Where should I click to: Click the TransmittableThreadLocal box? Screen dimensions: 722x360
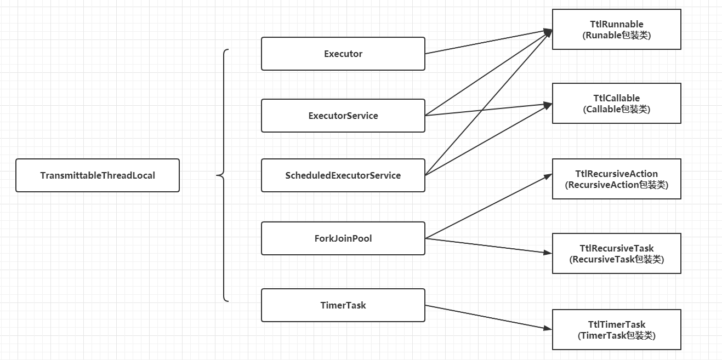98,175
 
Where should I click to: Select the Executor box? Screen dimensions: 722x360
343,54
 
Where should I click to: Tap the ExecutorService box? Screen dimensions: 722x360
343,116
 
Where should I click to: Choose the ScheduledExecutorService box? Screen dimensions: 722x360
343,175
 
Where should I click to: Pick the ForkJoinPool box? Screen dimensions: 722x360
343,238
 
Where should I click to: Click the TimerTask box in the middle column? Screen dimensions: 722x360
343,305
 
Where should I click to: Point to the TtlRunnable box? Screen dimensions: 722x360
617,30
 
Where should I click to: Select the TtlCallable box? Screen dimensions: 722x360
617,104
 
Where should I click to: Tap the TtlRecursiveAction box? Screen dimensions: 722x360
617,179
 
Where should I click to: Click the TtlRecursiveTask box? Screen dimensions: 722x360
617,254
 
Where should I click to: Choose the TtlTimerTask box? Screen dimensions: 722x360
617,330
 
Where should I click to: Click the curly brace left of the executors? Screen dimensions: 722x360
224,175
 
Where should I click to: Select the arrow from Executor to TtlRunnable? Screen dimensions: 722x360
488,42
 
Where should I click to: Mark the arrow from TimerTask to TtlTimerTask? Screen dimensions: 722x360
488,317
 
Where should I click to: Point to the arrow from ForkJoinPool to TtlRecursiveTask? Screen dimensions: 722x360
488,246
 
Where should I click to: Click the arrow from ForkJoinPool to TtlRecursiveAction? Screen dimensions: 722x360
488,207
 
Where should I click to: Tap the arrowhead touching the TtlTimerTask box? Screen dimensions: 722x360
548,328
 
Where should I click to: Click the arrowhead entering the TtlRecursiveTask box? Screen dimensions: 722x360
548,253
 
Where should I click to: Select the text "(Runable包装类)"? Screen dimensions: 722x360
617,35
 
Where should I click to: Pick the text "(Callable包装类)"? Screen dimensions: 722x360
617,109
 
